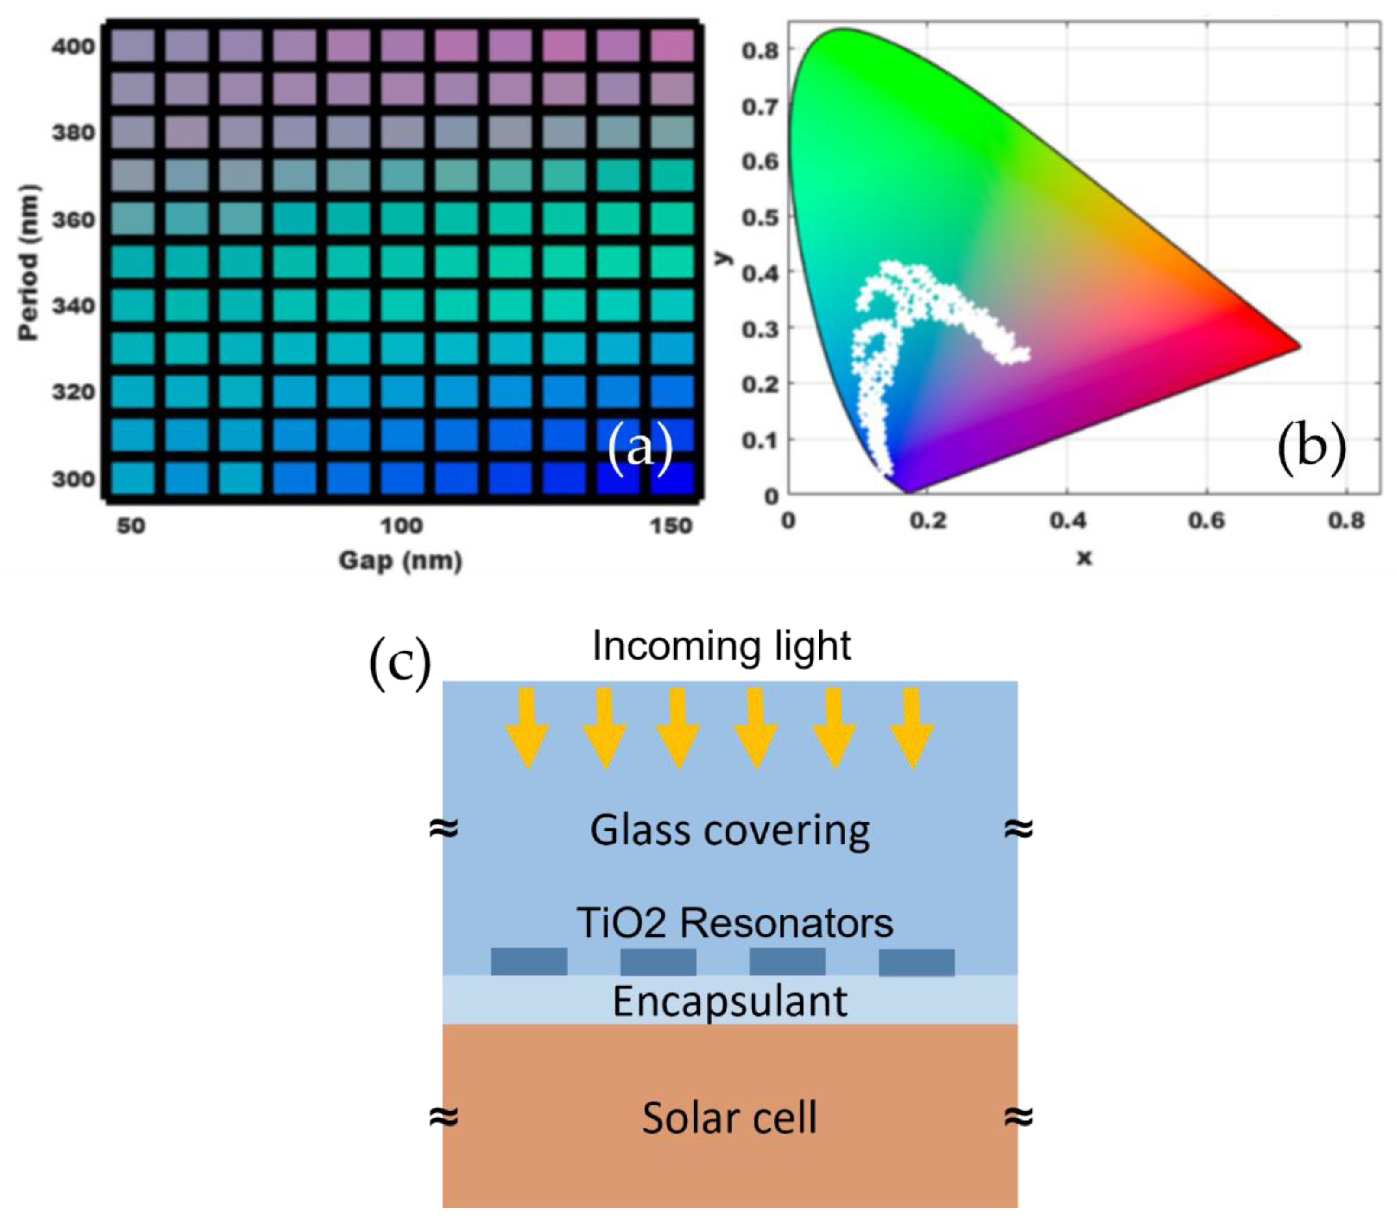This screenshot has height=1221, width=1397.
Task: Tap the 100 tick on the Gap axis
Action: point(401,525)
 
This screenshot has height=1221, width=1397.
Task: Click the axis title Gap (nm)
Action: point(401,561)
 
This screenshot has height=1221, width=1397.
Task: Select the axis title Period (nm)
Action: point(29,262)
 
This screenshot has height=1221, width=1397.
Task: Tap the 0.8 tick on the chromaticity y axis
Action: point(760,50)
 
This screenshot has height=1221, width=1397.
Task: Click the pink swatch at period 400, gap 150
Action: point(672,45)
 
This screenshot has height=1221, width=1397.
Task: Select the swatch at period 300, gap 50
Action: point(133,478)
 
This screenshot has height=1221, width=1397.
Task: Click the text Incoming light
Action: point(721,646)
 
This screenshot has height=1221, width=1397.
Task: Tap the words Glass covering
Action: point(729,831)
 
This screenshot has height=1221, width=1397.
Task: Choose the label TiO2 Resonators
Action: point(735,923)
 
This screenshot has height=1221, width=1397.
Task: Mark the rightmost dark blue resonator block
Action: point(916,962)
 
